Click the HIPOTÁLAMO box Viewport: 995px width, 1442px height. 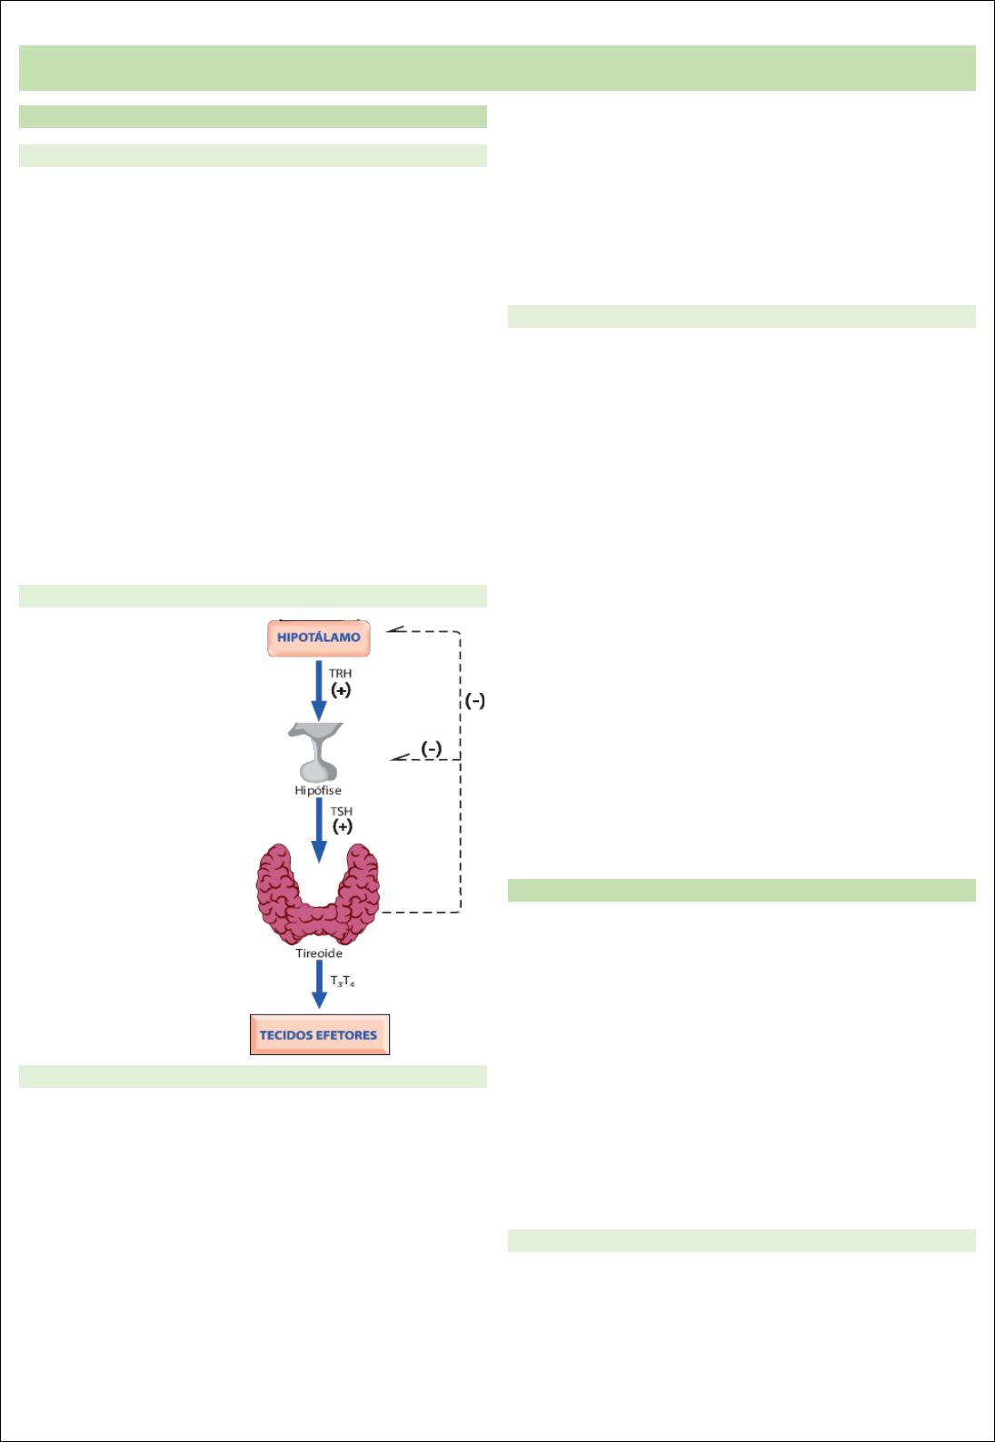coord(318,637)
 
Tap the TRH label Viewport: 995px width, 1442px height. coord(340,674)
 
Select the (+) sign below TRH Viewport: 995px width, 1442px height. coord(341,690)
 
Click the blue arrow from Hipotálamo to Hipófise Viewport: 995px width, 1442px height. coord(319,690)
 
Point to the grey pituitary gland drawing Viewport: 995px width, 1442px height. coord(316,752)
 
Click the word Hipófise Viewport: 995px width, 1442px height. coord(317,791)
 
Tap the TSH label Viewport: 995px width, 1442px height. coord(341,812)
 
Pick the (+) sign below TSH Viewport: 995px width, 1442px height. coord(342,826)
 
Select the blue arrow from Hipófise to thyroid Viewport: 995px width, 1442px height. coord(319,829)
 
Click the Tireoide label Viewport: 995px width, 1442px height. coord(319,953)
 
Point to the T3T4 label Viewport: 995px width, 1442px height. coord(342,982)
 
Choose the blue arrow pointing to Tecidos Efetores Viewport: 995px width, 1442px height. coord(319,984)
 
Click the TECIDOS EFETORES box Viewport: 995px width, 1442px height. coord(319,1034)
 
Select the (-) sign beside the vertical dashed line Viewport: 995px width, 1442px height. coord(474,701)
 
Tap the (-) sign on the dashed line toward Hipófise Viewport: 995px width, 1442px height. coord(431,748)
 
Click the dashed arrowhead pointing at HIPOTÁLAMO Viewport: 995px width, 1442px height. coord(393,629)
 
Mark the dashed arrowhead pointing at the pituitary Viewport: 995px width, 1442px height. coord(398,757)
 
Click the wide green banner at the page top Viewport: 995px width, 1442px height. coord(497,68)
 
